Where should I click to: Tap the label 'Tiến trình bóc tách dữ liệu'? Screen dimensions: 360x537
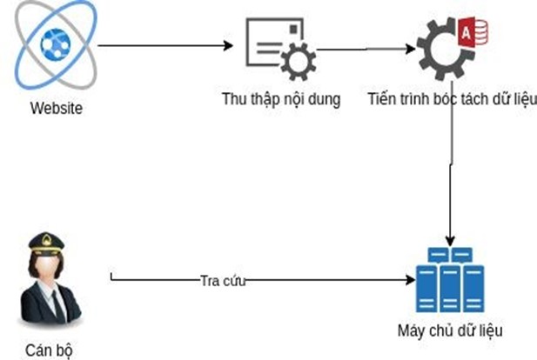pyautogui.click(x=452, y=98)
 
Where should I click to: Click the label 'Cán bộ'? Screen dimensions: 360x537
pyautogui.click(x=49, y=350)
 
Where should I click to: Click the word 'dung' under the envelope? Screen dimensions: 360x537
pyautogui.click(x=326, y=98)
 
